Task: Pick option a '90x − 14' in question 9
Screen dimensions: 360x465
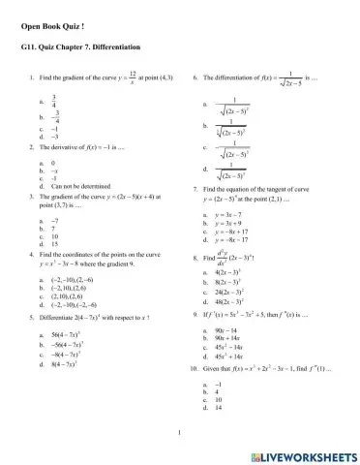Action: (226, 331)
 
